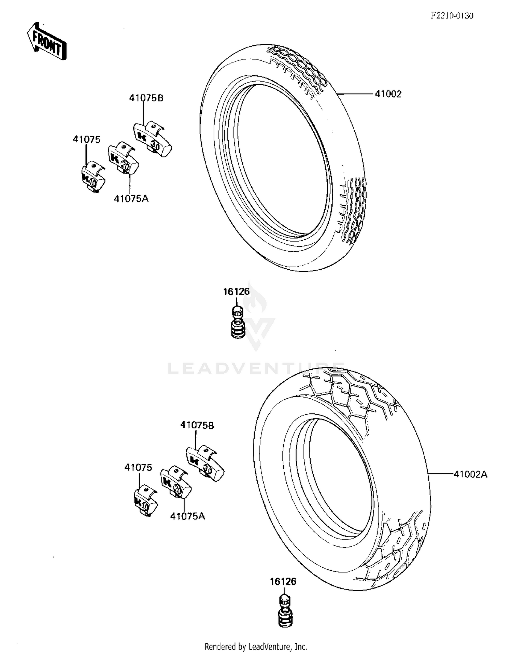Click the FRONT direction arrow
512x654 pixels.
pos(46,42)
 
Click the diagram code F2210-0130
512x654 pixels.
pos(451,16)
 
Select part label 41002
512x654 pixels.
pos(388,94)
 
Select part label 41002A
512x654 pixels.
pos(470,474)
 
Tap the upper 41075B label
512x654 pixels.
pos(146,98)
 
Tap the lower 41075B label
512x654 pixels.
pos(197,425)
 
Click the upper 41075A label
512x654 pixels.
pos(131,199)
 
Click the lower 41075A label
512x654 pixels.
pos(187,516)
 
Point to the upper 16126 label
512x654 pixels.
pos(236,292)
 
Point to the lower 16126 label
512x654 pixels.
pos(283,581)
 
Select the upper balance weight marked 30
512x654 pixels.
pos(152,139)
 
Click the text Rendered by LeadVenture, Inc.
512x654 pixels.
pos(256,646)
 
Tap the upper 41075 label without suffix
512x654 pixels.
pos(87,140)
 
